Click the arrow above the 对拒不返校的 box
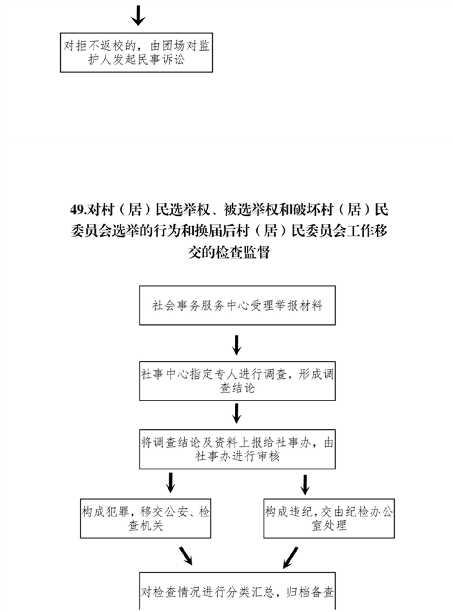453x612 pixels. [x=138, y=15]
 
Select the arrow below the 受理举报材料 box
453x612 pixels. [x=236, y=345]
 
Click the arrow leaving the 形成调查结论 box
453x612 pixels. [x=236, y=414]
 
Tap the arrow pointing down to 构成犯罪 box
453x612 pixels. [x=170, y=482]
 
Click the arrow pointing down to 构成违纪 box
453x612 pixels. [x=305, y=484]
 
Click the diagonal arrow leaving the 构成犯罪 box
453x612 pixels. [x=186, y=556]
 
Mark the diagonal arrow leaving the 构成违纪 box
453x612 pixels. [x=290, y=557]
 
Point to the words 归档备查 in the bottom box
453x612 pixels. [x=310, y=592]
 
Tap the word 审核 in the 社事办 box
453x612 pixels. [x=268, y=456]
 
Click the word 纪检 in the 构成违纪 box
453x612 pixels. [x=357, y=512]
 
